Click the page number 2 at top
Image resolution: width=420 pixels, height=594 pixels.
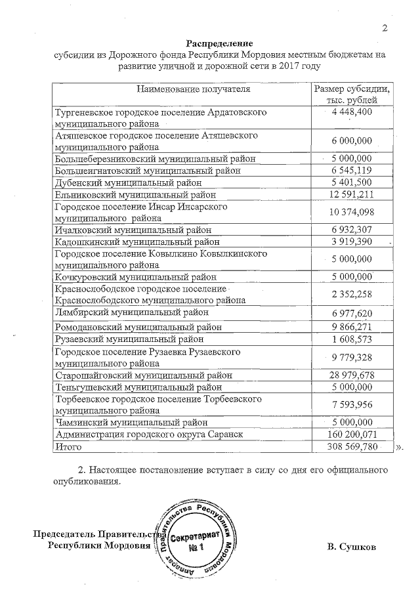point(385,27)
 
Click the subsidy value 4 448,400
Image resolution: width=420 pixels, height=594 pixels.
point(352,112)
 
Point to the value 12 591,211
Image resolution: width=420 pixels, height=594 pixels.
point(352,194)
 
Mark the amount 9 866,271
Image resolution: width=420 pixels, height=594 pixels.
point(352,327)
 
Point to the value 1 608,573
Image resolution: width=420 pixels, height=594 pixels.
point(352,339)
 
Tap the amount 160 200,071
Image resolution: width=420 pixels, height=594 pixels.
point(352,435)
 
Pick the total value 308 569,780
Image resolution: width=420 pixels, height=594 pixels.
point(352,447)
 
